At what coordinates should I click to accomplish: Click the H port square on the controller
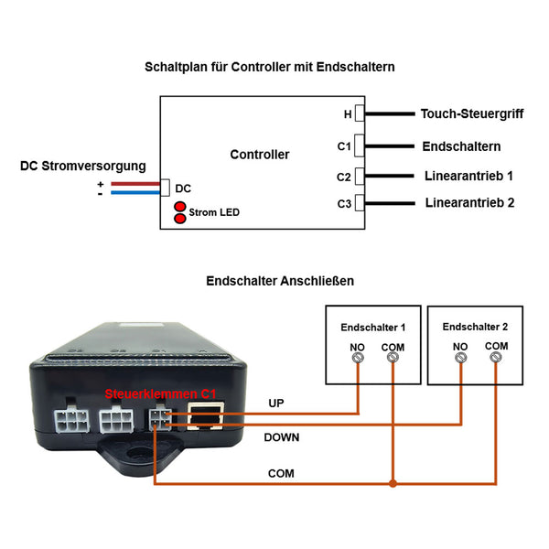[x=360, y=113]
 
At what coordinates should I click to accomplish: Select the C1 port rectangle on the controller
[x=360, y=145]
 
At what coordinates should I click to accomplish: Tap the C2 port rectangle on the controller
[x=360, y=176]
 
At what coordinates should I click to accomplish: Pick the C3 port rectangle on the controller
[x=360, y=203]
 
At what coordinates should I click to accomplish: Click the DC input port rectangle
[x=165, y=188]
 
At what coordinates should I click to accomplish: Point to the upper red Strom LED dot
[x=180, y=206]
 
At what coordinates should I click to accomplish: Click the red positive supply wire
[x=135, y=184]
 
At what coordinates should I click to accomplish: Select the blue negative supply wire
[x=135, y=192]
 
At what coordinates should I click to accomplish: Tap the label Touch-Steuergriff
[x=472, y=113]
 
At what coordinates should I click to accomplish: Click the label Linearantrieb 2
[x=469, y=203]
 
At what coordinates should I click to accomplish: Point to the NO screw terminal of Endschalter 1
[x=358, y=358]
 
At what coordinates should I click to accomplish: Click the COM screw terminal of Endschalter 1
[x=393, y=357]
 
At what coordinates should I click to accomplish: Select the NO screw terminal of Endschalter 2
[x=460, y=358]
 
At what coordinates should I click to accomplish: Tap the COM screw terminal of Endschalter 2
[x=496, y=357]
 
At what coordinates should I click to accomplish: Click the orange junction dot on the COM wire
[x=393, y=483]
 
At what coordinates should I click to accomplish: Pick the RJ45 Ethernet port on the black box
[x=206, y=416]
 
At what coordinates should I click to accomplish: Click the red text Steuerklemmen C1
[x=160, y=393]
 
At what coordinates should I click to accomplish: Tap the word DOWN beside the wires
[x=282, y=437]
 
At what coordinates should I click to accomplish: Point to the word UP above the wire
[x=276, y=403]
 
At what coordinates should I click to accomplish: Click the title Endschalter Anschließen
[x=280, y=281]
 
